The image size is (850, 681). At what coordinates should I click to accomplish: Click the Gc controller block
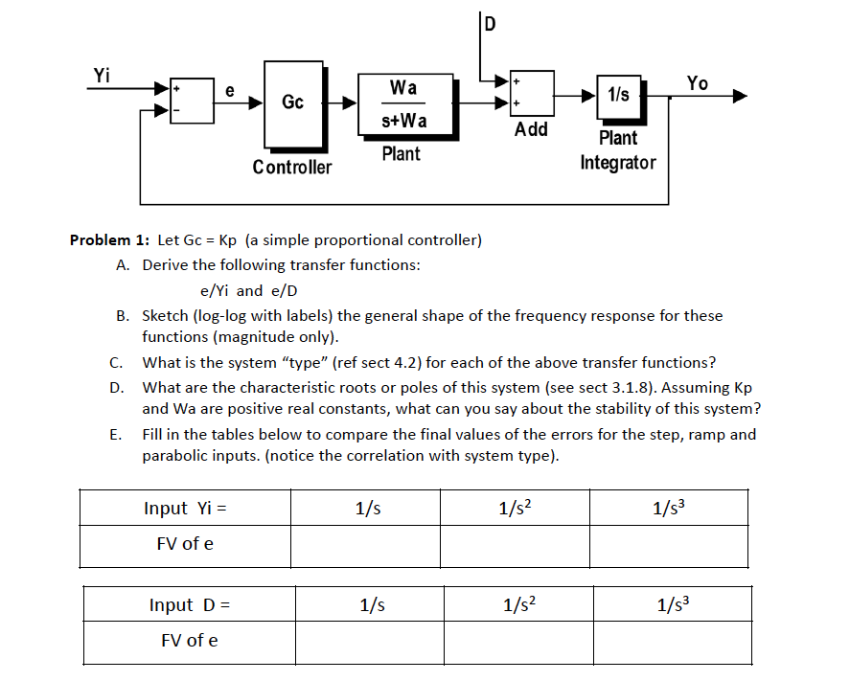(x=292, y=102)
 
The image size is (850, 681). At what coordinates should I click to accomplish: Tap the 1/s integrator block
(x=618, y=95)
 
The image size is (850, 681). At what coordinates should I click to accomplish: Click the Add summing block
(x=531, y=94)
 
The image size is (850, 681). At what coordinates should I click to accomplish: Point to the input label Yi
(x=102, y=75)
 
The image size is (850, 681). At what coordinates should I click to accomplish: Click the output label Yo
(x=697, y=83)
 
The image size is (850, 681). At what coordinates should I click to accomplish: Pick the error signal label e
(x=229, y=89)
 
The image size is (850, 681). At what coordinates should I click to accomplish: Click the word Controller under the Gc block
(x=292, y=168)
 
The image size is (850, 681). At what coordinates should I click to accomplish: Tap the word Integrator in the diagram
(x=618, y=162)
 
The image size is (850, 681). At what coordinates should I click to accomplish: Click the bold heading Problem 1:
(x=108, y=239)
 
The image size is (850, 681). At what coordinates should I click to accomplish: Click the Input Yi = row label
(x=185, y=508)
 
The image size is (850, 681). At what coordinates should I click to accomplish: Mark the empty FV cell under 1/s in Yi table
(x=365, y=544)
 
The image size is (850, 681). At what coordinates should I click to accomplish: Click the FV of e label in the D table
(x=188, y=641)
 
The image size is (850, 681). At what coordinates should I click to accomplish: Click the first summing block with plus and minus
(x=192, y=100)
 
